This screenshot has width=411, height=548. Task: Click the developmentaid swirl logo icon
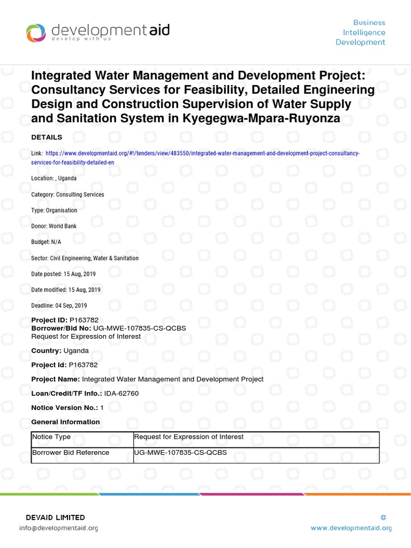pyautogui.click(x=36, y=33)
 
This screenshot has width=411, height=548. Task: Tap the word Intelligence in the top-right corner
pyautogui.click(x=364, y=33)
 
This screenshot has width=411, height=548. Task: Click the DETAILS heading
pyautogui.click(x=47, y=138)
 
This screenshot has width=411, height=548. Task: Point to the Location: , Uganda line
pyautogui.click(x=54, y=178)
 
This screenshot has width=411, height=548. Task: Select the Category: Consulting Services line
pyautogui.click(x=67, y=194)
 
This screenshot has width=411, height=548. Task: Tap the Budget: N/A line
pyautogui.click(x=46, y=242)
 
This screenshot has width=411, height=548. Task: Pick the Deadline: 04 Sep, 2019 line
pyautogui.click(x=59, y=306)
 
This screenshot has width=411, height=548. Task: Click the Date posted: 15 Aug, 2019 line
pyautogui.click(x=66, y=274)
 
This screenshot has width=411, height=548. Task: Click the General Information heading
pyautogui.click(x=65, y=422)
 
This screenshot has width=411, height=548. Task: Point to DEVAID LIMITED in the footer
pyautogui.click(x=55, y=517)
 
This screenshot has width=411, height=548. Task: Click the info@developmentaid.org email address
pyautogui.click(x=58, y=528)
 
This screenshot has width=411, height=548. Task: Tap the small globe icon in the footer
pyautogui.click(x=383, y=517)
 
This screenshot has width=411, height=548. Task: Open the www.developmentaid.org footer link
pyautogui.click(x=351, y=528)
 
